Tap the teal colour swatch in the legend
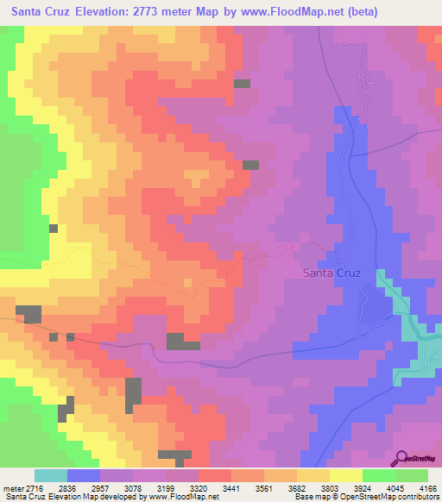point(51,475)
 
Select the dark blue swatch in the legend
point(84,475)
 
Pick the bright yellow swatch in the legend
point(345,475)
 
